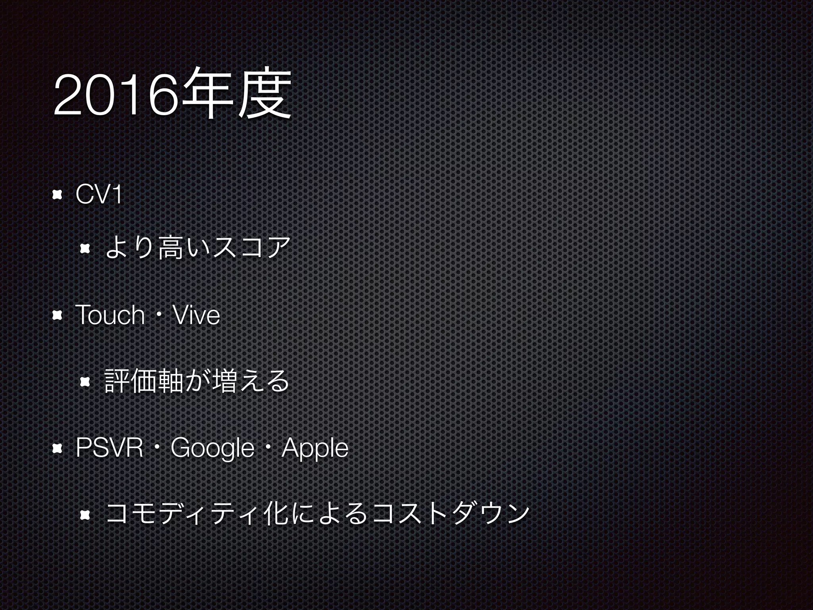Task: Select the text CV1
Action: click(98, 195)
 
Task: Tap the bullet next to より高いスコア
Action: click(85, 249)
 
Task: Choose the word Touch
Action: click(110, 315)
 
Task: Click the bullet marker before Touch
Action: click(58, 316)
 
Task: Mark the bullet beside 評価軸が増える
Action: click(85, 382)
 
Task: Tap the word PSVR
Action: click(109, 448)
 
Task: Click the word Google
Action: click(212, 448)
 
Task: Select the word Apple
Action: click(315, 448)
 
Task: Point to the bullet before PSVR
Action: click(58, 448)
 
